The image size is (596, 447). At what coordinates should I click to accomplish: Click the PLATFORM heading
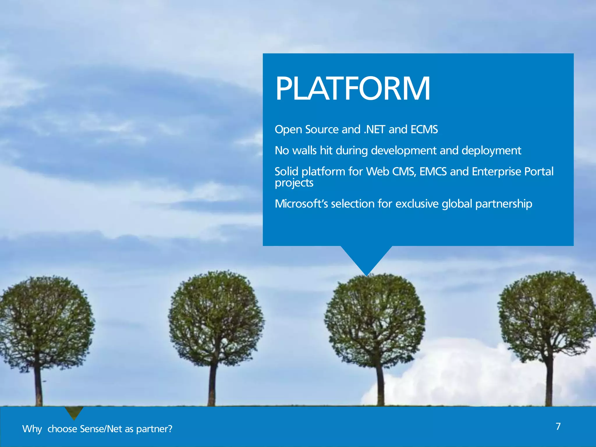click(352, 88)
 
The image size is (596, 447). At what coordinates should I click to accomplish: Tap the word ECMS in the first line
click(424, 130)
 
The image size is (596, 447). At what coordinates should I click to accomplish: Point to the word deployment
click(491, 151)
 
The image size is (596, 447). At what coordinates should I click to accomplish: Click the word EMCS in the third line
click(433, 172)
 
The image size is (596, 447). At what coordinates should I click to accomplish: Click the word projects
click(294, 183)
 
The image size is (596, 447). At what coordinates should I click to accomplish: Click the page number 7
click(558, 426)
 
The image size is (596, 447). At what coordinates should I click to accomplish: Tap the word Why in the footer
click(32, 429)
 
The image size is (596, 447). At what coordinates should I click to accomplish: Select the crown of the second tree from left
click(216, 317)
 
